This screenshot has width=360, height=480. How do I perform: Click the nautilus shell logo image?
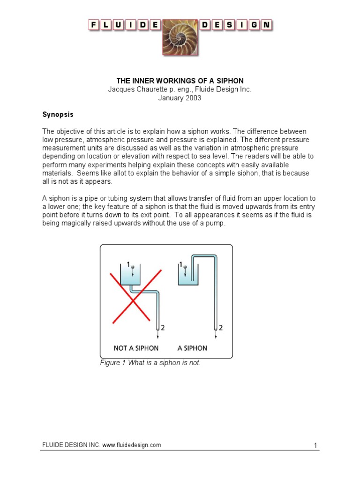coord(180,37)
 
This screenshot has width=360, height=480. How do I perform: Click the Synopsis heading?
coord(58,114)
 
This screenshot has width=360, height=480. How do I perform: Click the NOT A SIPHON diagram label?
coord(136,348)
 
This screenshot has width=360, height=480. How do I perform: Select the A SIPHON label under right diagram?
coord(192,348)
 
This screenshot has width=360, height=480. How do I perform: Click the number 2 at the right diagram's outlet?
coord(221,328)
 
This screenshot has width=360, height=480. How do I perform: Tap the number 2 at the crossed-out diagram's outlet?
coord(163,328)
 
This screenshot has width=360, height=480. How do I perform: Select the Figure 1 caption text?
coord(150,363)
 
